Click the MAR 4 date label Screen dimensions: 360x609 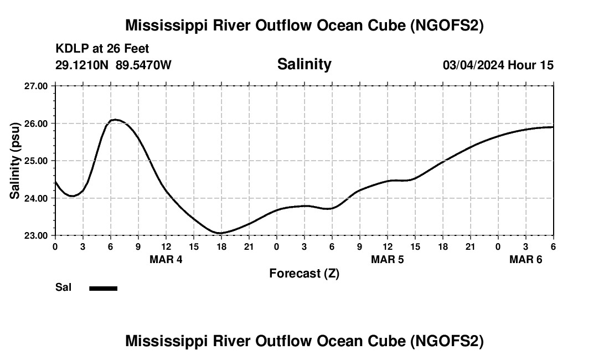pyautogui.click(x=166, y=259)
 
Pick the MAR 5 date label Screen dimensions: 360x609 pyautogui.click(x=388, y=259)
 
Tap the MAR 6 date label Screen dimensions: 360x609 pyautogui.click(x=526, y=259)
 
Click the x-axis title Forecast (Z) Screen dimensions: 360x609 pyautogui.click(x=304, y=274)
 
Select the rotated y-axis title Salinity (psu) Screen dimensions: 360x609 pyautogui.click(x=15, y=161)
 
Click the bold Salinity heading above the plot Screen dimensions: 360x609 pyautogui.click(x=304, y=64)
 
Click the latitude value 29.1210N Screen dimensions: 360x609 pyautogui.click(x=82, y=65)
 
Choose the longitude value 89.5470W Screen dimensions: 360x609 pyautogui.click(x=143, y=65)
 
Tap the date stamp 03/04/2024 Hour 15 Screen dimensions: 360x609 pyautogui.click(x=498, y=65)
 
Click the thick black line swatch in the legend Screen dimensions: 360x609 pyautogui.click(x=104, y=288)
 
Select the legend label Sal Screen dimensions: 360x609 pyautogui.click(x=63, y=287)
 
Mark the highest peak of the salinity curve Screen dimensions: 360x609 pyautogui.click(x=115, y=120)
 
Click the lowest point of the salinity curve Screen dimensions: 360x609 pyautogui.click(x=220, y=233)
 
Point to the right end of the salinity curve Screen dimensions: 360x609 pyautogui.click(x=553, y=127)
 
